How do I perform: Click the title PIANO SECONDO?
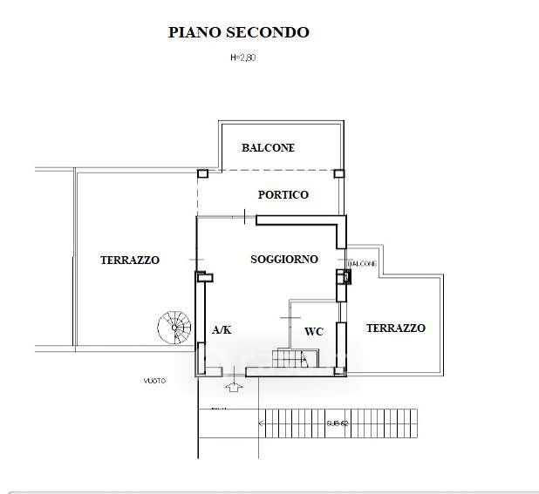[x=238, y=33]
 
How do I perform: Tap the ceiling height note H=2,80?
[x=242, y=58]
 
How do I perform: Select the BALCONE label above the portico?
[x=268, y=148]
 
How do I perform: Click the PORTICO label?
[x=283, y=195]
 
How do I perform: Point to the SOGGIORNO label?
[x=283, y=260]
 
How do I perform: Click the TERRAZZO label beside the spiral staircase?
[x=129, y=260]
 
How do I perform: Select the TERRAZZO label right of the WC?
[x=395, y=328]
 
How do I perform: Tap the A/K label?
[x=222, y=329]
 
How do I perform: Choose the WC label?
[x=314, y=332]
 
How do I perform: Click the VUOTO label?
[x=155, y=381]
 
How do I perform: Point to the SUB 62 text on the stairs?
[x=338, y=423]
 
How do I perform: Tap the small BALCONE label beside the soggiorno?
[x=362, y=263]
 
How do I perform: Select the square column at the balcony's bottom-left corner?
[x=202, y=172]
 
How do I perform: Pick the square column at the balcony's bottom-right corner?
[x=340, y=172]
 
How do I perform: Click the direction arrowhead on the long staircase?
[x=261, y=423]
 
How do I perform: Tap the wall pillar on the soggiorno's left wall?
[x=201, y=277]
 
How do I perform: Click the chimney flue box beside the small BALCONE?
[x=346, y=277]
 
